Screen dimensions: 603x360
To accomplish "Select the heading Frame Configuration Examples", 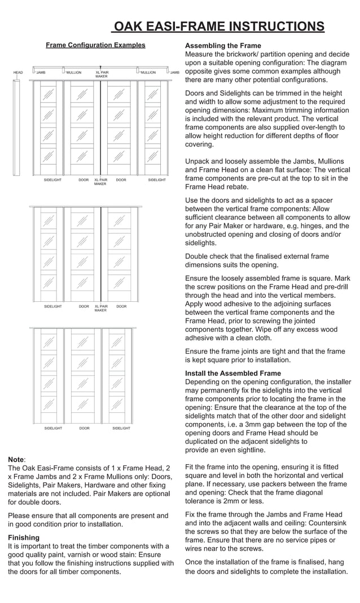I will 95,45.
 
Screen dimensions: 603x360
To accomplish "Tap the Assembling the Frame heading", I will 223,46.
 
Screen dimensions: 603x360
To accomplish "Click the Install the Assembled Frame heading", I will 232,373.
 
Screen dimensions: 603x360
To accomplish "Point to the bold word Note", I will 16,460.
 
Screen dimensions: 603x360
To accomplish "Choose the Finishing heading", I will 24,538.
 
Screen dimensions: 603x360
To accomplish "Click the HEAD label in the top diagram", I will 18,73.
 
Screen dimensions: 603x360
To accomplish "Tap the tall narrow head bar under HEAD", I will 17,127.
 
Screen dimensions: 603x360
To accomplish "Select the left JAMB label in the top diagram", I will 41,73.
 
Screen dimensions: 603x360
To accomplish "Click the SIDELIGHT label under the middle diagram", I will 53,307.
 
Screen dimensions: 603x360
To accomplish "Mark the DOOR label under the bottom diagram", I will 84,429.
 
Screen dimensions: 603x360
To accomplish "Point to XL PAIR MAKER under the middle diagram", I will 100,309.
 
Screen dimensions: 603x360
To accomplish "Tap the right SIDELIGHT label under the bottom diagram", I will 121,429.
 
